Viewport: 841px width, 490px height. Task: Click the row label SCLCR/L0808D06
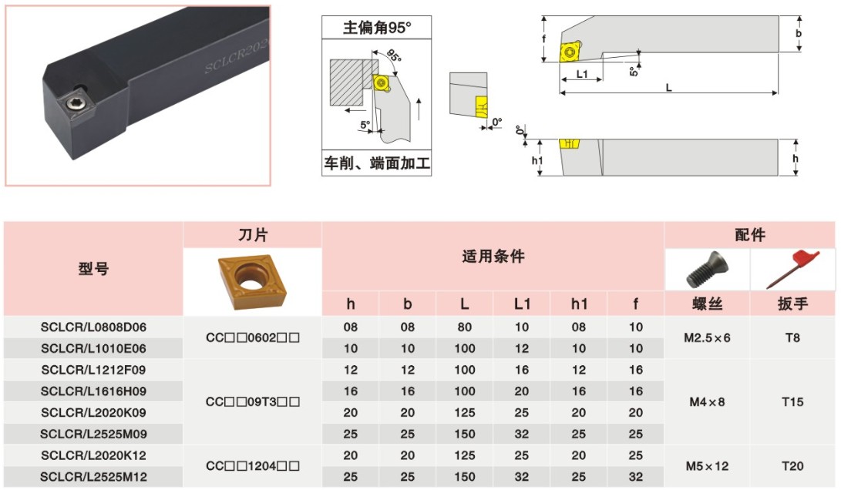pos(93,327)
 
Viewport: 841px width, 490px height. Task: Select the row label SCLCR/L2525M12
pos(93,478)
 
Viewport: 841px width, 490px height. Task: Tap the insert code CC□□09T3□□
pos(253,401)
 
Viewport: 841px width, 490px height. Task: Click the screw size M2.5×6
pos(707,337)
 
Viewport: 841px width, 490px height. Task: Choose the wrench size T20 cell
pos(792,466)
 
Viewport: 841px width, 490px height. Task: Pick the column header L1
pos(522,304)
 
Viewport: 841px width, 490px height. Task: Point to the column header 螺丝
pos(707,304)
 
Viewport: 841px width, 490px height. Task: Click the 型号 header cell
pos(93,269)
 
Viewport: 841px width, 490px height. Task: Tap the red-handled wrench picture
pos(792,269)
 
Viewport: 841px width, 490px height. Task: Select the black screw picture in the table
pos(707,270)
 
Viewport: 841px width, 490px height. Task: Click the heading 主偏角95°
pos(377,28)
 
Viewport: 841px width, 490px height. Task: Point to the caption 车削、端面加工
pos(377,163)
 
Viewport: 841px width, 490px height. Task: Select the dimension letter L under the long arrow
pos(668,87)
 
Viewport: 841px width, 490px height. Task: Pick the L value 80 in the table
pos(465,327)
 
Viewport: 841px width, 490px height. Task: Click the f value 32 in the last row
pos(636,478)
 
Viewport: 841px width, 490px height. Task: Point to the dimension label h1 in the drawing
pos(538,160)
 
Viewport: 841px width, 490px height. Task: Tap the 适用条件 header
pos(493,257)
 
